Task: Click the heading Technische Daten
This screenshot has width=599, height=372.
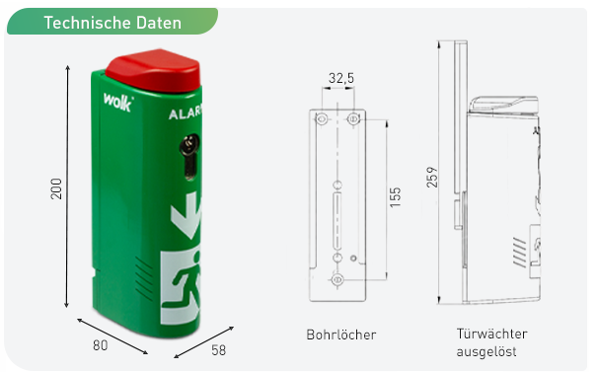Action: point(112,23)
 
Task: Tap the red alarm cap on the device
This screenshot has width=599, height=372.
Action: point(153,71)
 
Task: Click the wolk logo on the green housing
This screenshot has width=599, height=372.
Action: point(118,102)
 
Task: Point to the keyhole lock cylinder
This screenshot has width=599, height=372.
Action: point(189,156)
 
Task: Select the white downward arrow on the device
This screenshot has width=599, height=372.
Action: point(187,216)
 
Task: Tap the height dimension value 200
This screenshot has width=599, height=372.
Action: point(56,188)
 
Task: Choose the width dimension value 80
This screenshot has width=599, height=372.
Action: point(100,345)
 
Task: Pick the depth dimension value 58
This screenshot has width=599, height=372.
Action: point(218,350)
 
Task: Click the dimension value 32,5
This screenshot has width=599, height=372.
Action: point(341,78)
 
